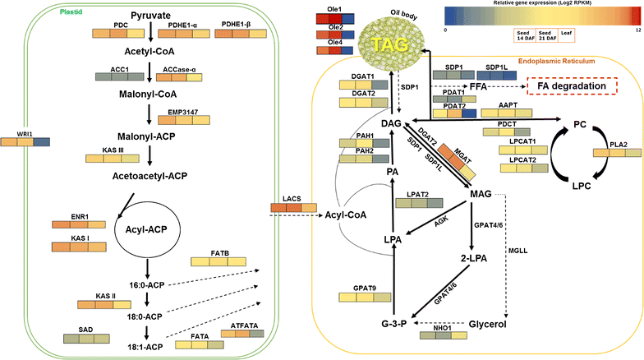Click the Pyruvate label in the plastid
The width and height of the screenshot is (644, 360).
[x=152, y=16]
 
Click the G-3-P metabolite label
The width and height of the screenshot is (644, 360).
[x=392, y=323]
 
